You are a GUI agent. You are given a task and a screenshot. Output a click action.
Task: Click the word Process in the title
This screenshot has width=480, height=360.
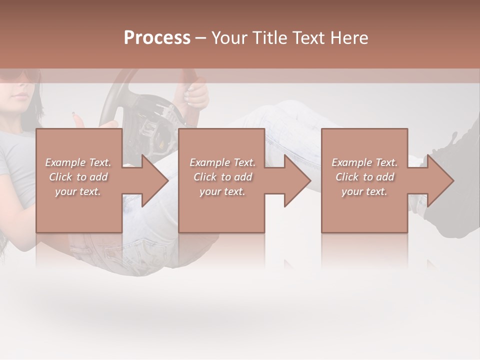click(157, 38)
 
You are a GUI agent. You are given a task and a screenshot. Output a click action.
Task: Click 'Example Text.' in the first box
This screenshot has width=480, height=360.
click(78, 162)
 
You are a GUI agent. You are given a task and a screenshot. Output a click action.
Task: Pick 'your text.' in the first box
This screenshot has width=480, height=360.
click(78, 191)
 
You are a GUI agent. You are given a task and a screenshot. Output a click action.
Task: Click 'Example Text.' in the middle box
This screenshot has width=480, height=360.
click(222, 162)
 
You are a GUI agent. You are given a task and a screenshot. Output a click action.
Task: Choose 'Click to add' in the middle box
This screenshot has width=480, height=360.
click(222, 177)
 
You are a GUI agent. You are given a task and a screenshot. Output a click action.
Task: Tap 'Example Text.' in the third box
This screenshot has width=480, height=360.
click(364, 162)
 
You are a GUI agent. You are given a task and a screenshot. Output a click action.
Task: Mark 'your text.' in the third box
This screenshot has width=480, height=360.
click(364, 191)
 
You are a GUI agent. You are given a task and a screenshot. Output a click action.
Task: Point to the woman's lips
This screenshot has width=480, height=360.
click(19, 95)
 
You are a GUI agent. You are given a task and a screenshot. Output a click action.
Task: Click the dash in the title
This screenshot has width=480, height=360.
click(201, 38)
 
